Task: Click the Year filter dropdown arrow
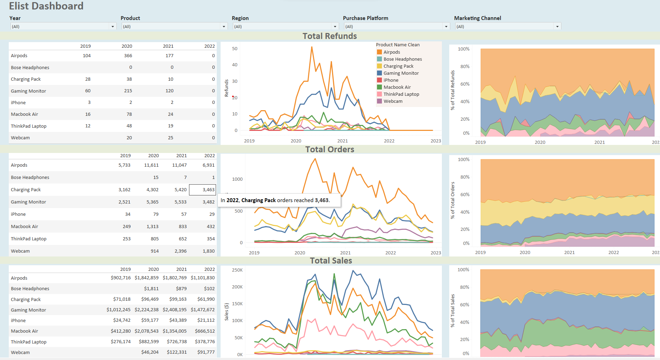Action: pyautogui.click(x=113, y=27)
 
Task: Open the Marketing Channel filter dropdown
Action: pyautogui.click(x=557, y=27)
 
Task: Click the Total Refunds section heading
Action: pyautogui.click(x=330, y=36)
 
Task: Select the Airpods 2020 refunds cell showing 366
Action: pyautogui.click(x=128, y=56)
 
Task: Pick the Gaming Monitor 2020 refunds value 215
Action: pyautogui.click(x=128, y=91)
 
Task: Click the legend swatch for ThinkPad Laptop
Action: pyautogui.click(x=379, y=94)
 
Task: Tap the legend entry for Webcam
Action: pyautogui.click(x=393, y=101)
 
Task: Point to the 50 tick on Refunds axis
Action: pyautogui.click(x=235, y=49)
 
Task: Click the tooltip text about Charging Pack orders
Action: pyautogui.click(x=275, y=200)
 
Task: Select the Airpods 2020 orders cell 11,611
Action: pyautogui.click(x=151, y=165)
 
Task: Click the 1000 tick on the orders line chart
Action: pyautogui.click(x=237, y=179)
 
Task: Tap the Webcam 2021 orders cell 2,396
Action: pyautogui.click(x=181, y=251)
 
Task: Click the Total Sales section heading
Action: pyautogui.click(x=331, y=261)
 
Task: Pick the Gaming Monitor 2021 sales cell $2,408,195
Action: pyautogui.click(x=175, y=310)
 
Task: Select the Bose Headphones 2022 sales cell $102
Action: pyautogui.click(x=209, y=289)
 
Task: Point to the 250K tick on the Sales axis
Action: pyautogui.click(x=237, y=270)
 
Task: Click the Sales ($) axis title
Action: pyautogui.click(x=227, y=312)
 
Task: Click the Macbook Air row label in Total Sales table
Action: pyautogui.click(x=25, y=331)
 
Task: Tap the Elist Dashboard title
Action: pyautogui.click(x=46, y=6)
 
